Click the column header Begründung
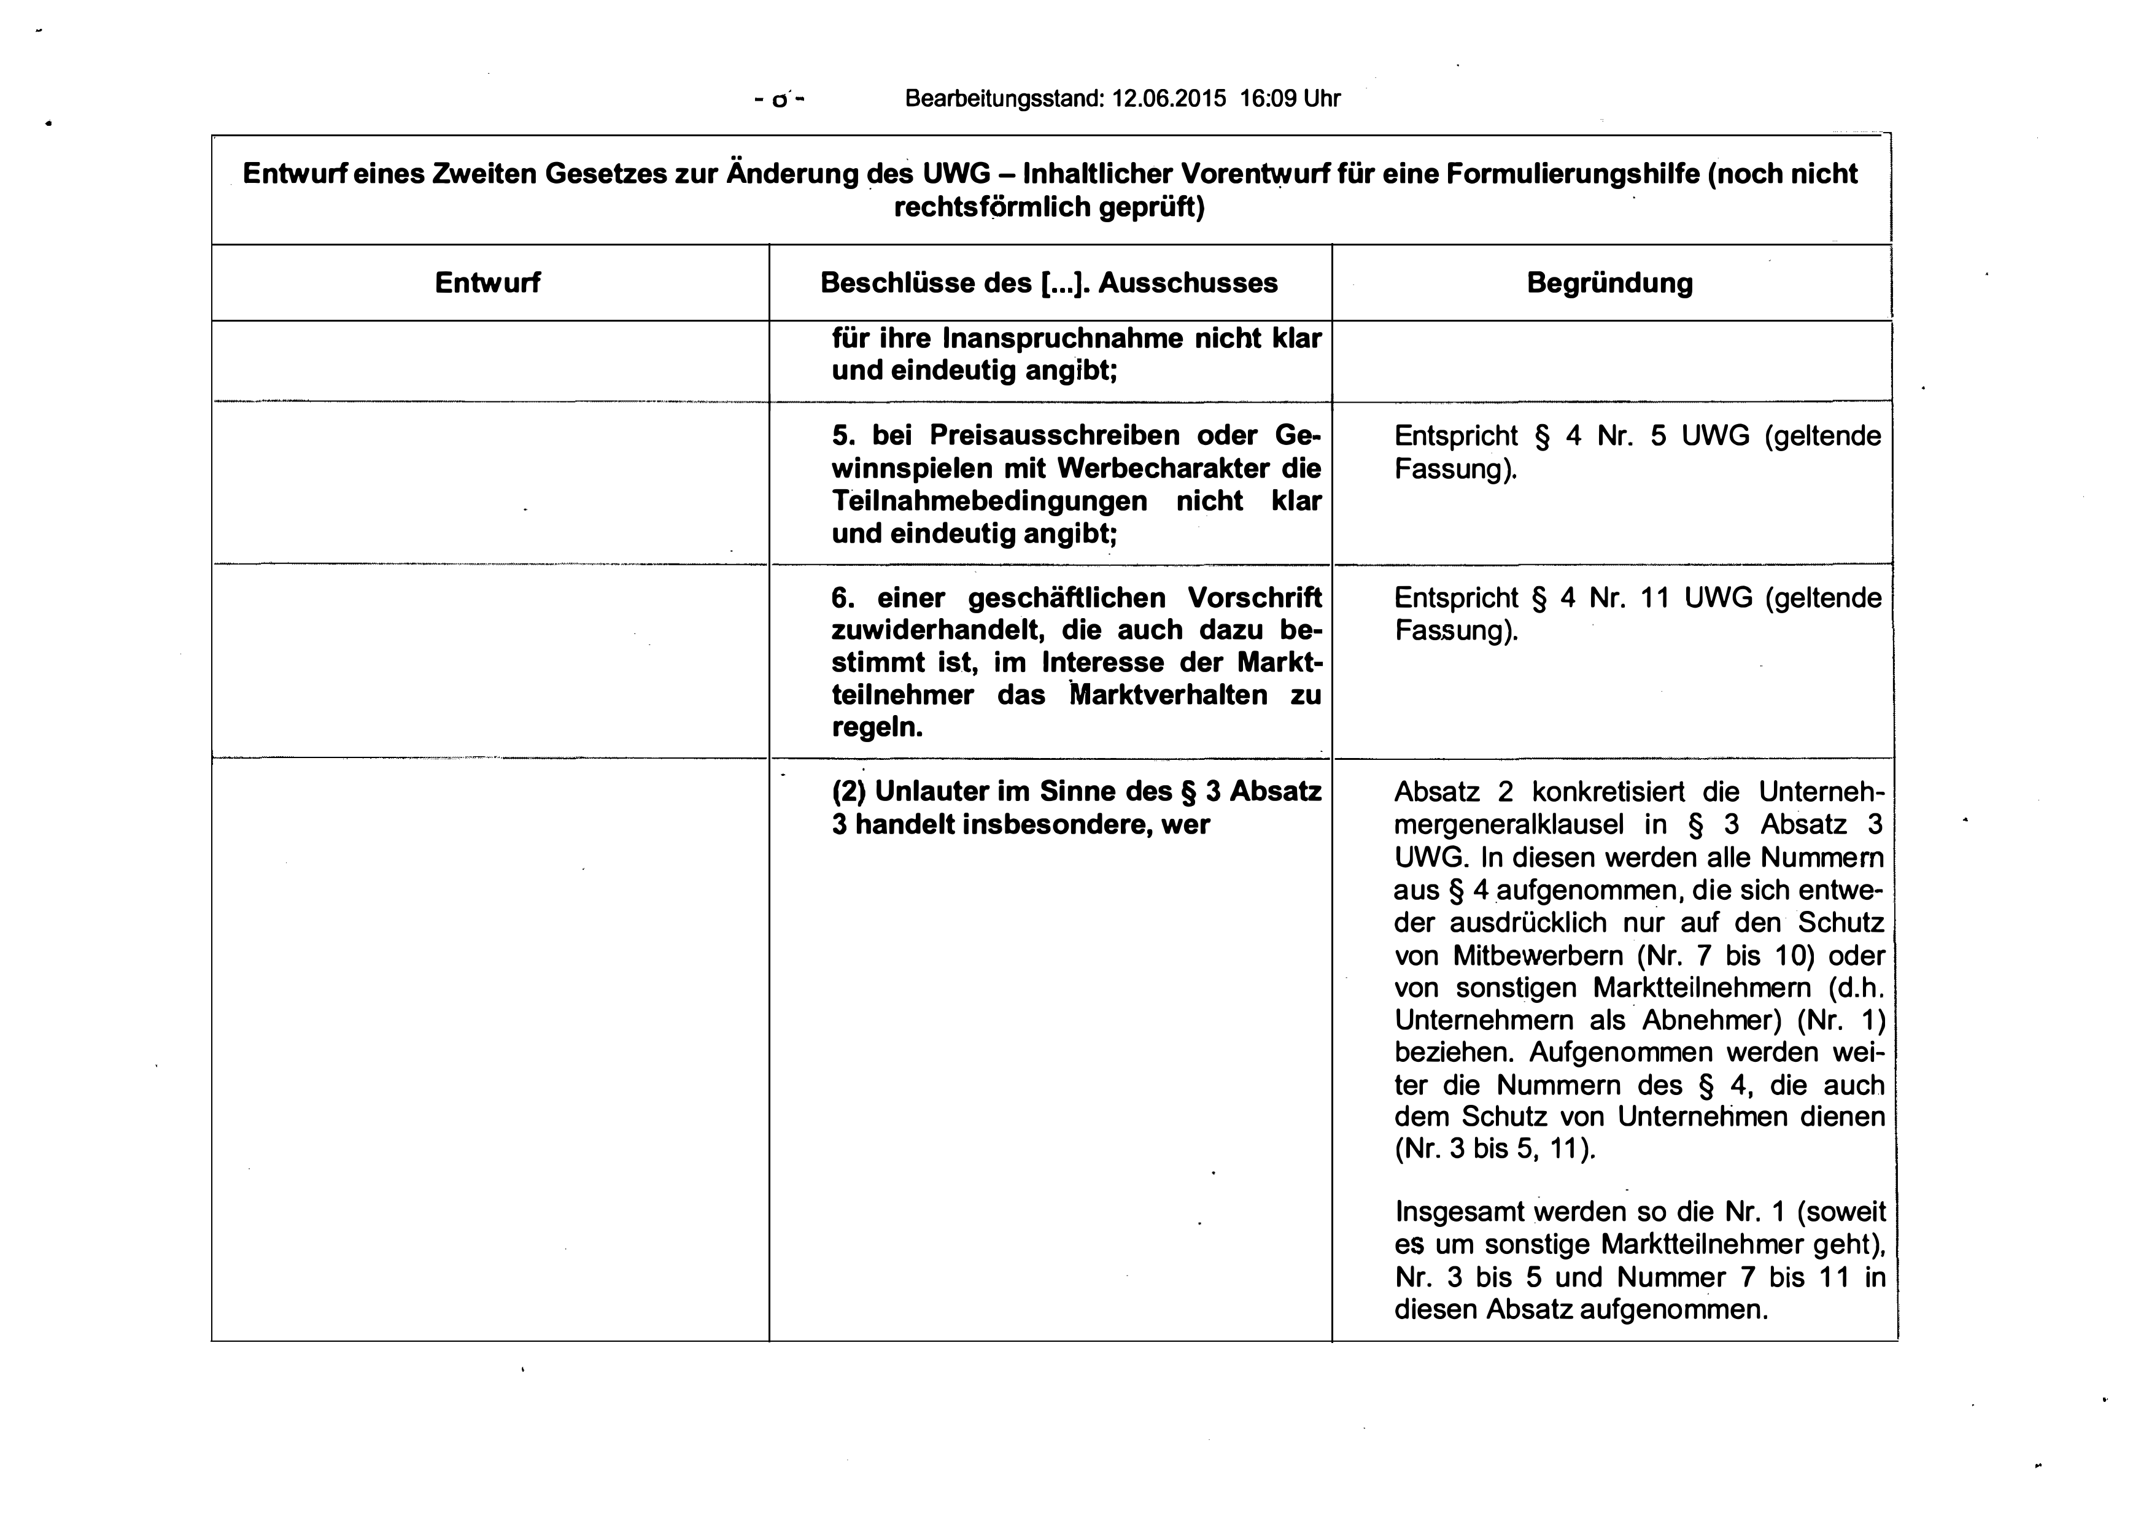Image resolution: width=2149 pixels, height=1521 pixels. [1609, 283]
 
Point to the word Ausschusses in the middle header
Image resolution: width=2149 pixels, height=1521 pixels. [1187, 283]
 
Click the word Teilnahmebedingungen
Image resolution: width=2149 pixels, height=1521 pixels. [989, 501]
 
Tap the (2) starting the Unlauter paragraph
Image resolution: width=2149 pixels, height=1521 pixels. [848, 792]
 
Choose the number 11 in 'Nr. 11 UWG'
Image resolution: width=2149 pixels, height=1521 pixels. [1655, 598]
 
